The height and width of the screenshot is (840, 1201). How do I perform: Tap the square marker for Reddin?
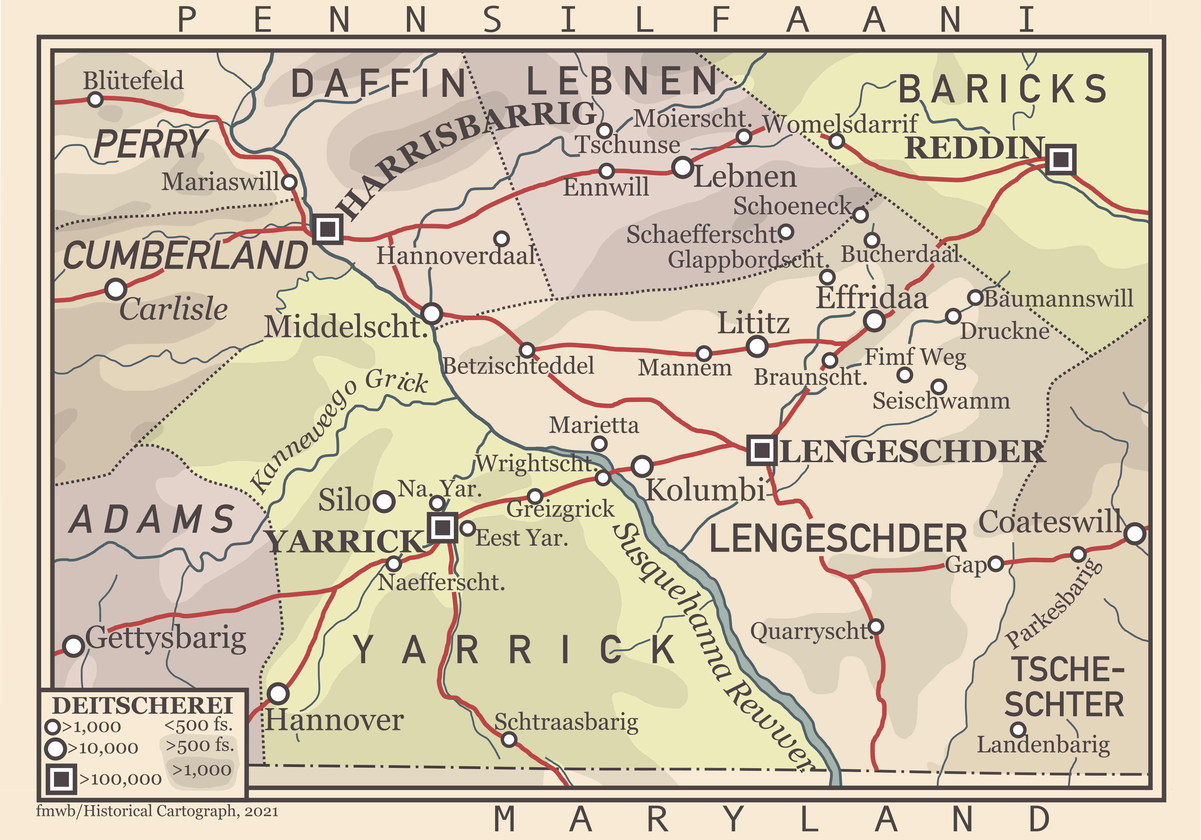1060,159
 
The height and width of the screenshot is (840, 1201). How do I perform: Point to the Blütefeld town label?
133,80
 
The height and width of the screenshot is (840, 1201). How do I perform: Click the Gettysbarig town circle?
73,646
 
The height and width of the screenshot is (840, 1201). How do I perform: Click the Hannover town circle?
278,694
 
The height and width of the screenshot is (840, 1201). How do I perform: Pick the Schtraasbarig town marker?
509,739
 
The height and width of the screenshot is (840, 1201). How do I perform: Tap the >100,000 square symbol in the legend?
61,779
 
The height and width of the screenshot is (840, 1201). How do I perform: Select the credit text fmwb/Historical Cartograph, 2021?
157,811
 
